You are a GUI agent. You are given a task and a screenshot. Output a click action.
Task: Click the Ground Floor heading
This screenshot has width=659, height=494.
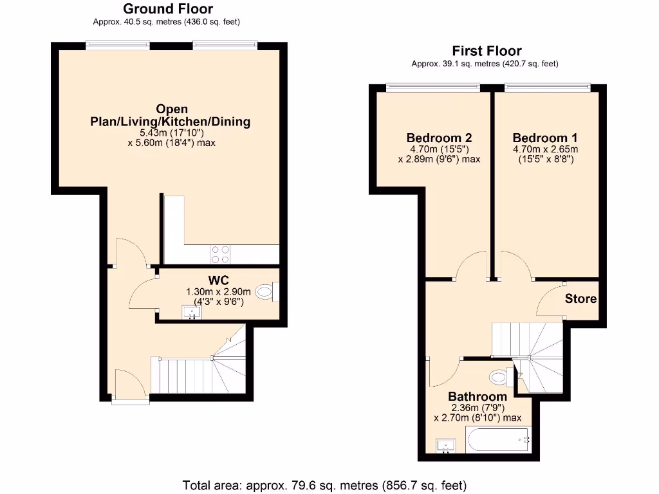pyautogui.click(x=168, y=9)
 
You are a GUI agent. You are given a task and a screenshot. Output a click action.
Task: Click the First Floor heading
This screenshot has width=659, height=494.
pyautogui.click(x=487, y=51)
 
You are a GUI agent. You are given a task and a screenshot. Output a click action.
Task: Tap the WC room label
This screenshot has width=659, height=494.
pyautogui.click(x=219, y=280)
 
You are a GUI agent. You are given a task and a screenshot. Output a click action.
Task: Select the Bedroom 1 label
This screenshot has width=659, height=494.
pyautogui.click(x=544, y=138)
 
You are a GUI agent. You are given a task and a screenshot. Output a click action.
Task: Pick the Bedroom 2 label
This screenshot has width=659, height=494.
pyautogui.click(x=439, y=138)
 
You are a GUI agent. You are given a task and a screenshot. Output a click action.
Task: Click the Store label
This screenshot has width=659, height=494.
pyautogui.click(x=580, y=298)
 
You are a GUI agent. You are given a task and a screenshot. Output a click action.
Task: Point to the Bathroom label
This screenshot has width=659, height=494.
pyautogui.click(x=478, y=396)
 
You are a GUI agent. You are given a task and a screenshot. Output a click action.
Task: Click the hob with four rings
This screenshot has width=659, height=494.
pyautogui.click(x=221, y=255)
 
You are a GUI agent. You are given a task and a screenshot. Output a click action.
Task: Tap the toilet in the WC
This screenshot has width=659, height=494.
pyautogui.click(x=266, y=291)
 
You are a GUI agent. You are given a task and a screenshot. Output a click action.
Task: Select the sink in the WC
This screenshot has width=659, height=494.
pyautogui.click(x=191, y=313)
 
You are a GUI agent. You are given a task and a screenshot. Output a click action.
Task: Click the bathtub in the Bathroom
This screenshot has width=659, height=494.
pyautogui.click(x=498, y=440)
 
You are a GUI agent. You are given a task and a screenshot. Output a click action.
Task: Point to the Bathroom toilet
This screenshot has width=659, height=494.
pyautogui.click(x=502, y=376)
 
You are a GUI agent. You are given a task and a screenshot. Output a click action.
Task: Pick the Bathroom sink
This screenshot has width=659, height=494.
pyautogui.click(x=445, y=446)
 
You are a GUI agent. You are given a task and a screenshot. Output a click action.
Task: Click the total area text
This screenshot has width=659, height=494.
pyautogui.click(x=324, y=486)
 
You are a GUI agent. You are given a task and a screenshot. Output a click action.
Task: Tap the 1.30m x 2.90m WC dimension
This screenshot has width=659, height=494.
pyautogui.click(x=219, y=291)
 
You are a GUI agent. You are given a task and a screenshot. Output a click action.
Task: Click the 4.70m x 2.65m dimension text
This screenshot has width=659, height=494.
pyautogui.click(x=545, y=149)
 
